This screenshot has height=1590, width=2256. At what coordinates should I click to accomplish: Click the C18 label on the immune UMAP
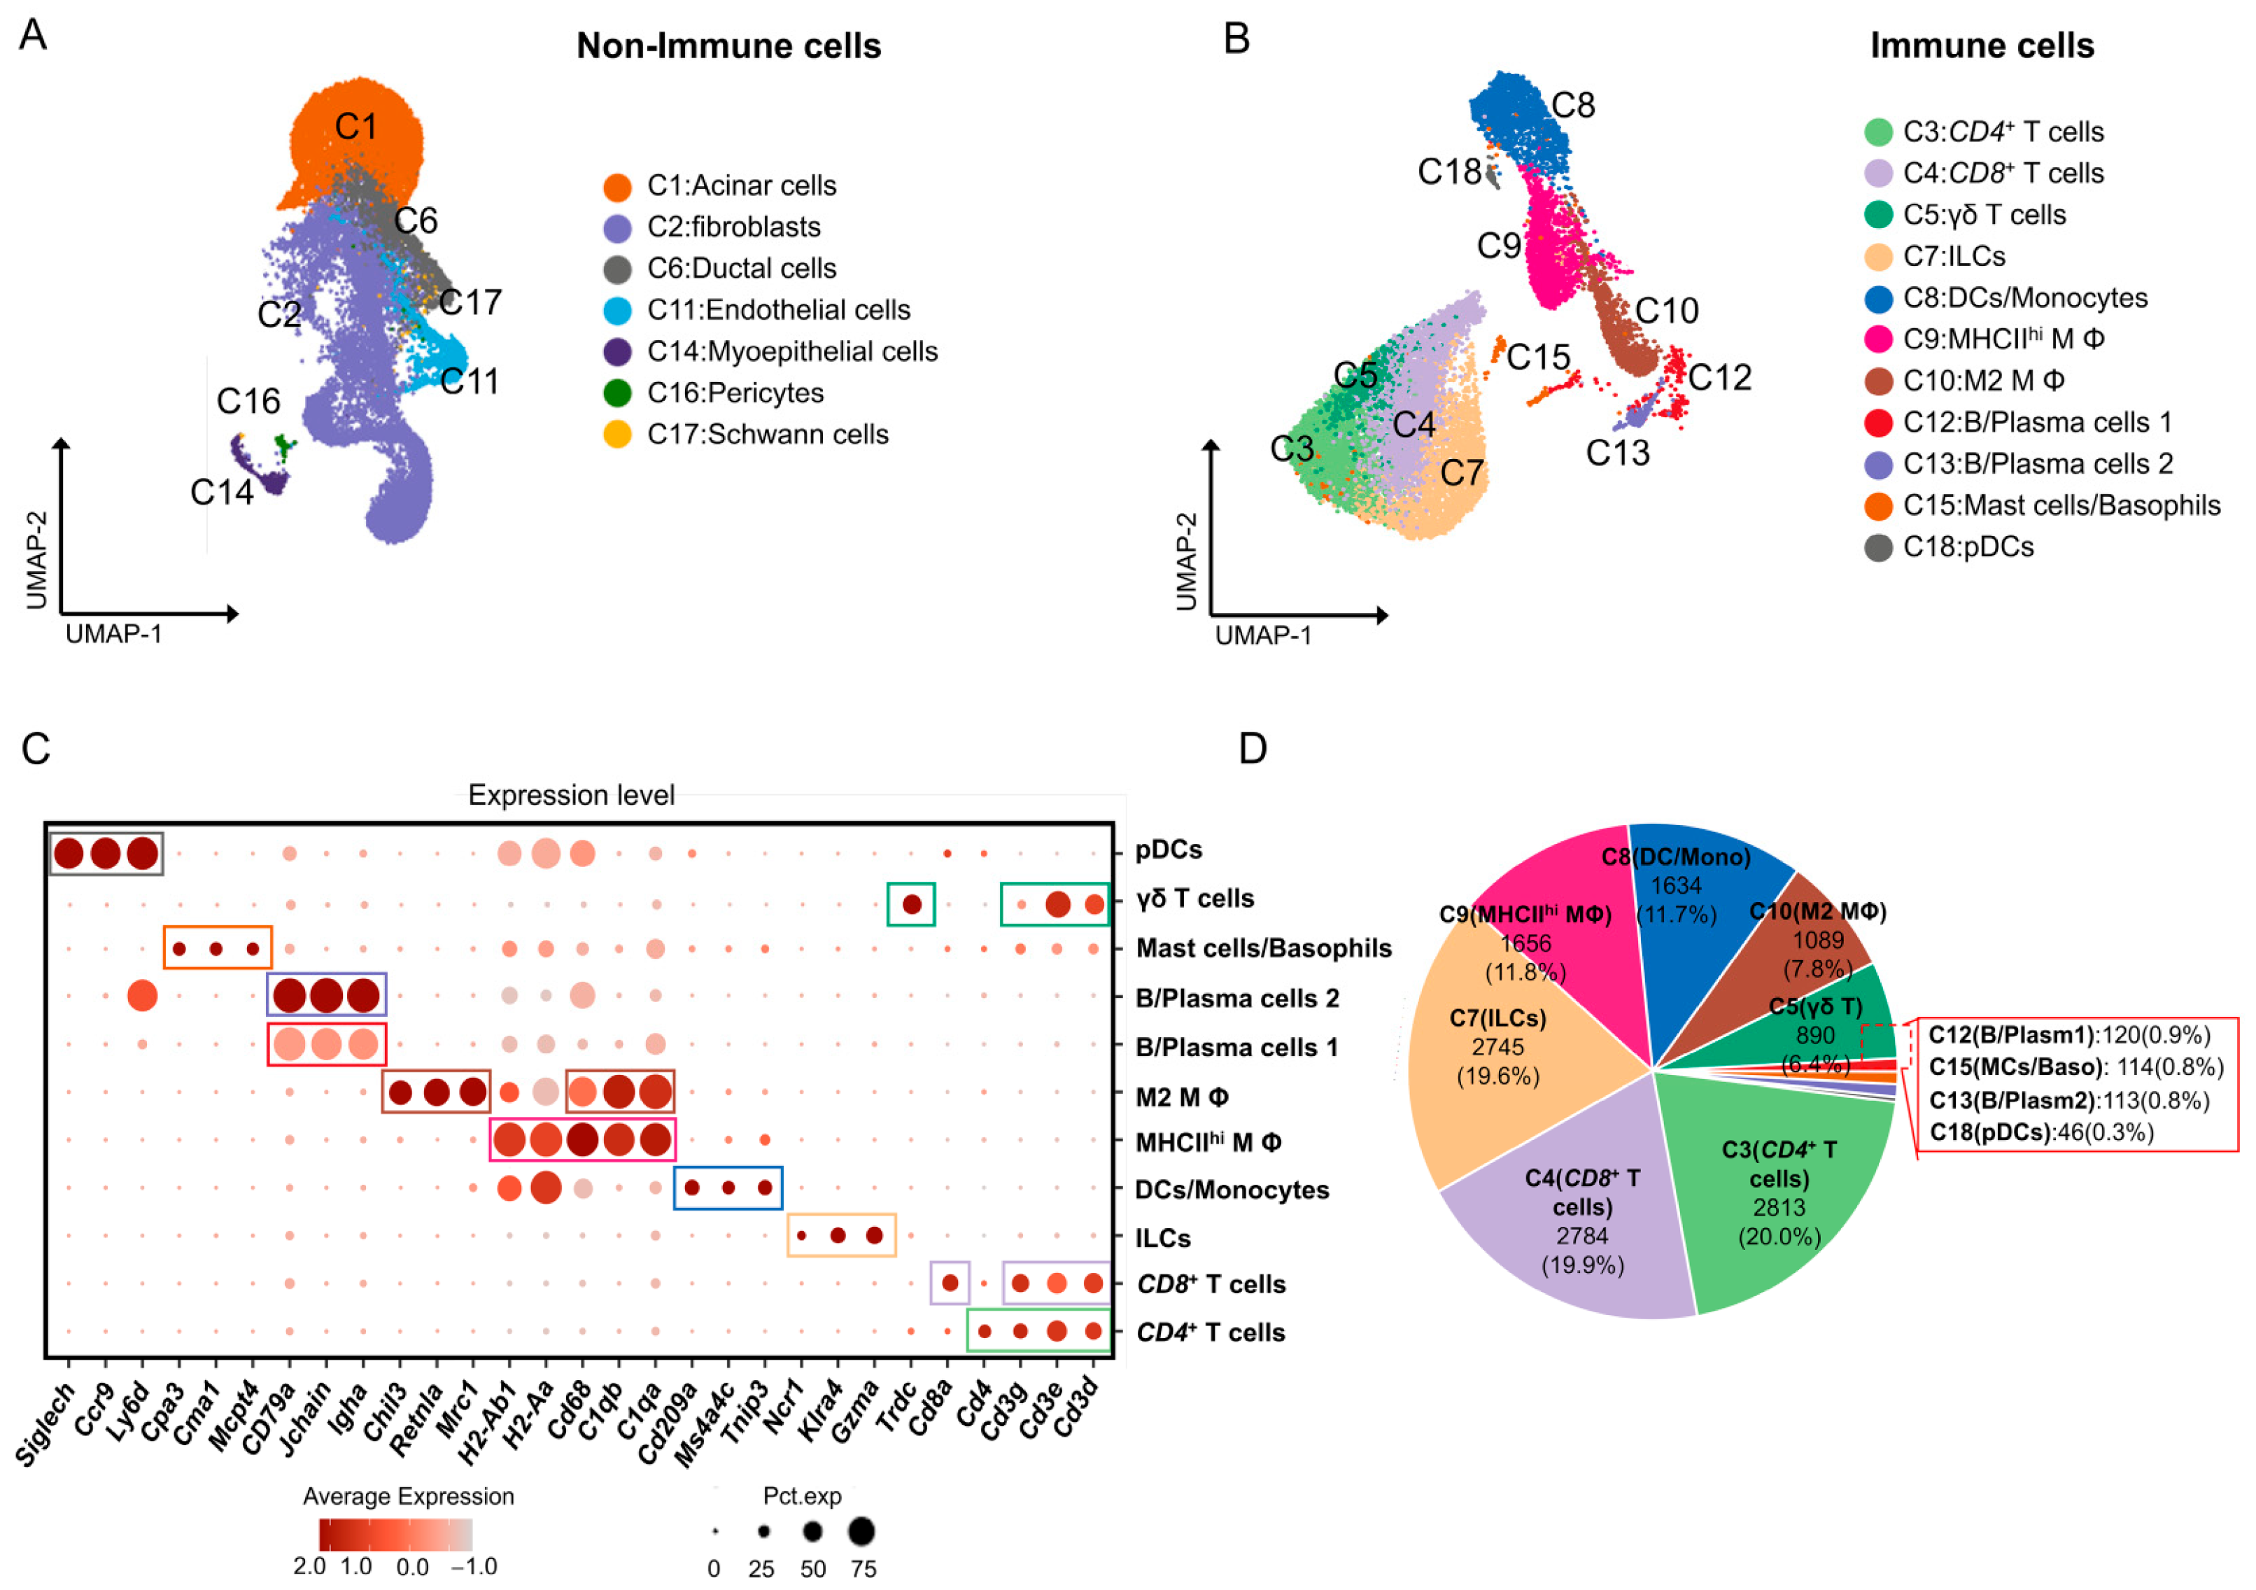pos(1448,172)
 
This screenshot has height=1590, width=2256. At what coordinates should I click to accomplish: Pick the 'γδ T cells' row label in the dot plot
pos(1194,898)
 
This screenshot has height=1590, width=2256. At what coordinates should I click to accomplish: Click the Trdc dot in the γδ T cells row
pos(911,904)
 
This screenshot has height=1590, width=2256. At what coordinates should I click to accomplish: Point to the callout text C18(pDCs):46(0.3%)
pos(2040,1132)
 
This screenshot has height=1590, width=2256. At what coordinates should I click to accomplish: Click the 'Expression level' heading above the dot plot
pos(571,795)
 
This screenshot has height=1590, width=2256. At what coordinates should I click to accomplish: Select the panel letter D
pos(1252,749)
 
